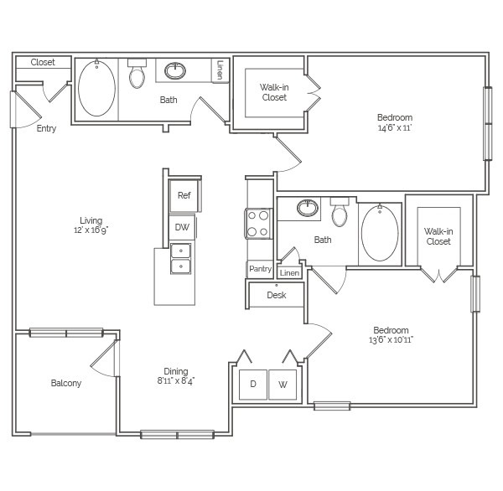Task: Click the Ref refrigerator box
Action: [x=184, y=195]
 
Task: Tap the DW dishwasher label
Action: [x=182, y=227]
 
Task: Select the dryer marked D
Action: [x=253, y=385]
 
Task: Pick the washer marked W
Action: [x=283, y=385]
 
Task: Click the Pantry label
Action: [x=260, y=269]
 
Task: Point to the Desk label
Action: [x=276, y=295]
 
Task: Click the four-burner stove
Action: [x=258, y=224]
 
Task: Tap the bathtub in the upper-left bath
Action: [x=96, y=88]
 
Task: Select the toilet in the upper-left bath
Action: [x=137, y=73]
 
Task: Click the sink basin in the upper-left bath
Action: [x=175, y=71]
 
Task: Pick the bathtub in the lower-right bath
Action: [x=380, y=233]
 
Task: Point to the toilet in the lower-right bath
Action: [x=340, y=212]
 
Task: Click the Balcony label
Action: [x=66, y=383]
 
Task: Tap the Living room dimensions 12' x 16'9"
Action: [x=91, y=230]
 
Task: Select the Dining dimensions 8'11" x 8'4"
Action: [x=176, y=381]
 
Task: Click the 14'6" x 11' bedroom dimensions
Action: [x=395, y=127]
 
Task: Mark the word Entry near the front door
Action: [x=46, y=128]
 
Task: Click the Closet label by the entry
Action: [x=43, y=62]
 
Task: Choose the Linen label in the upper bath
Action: [x=220, y=70]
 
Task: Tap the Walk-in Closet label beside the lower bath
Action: [x=438, y=236]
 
